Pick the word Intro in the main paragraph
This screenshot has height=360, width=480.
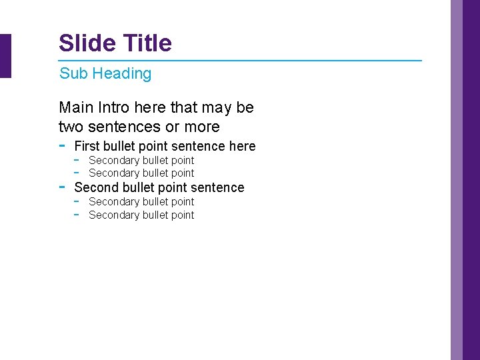[114, 107]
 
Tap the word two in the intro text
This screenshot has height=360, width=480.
[71, 127]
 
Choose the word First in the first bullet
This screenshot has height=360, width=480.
[87, 146]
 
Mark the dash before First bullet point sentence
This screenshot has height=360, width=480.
[62, 145]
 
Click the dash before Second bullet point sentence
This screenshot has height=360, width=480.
[62, 186]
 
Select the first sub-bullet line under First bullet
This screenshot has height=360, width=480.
[141, 160]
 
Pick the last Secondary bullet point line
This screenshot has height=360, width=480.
[141, 215]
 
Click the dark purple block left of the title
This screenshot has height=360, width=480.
[5, 56]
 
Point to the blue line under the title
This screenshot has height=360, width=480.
[240, 61]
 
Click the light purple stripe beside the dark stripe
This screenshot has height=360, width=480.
[457, 180]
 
